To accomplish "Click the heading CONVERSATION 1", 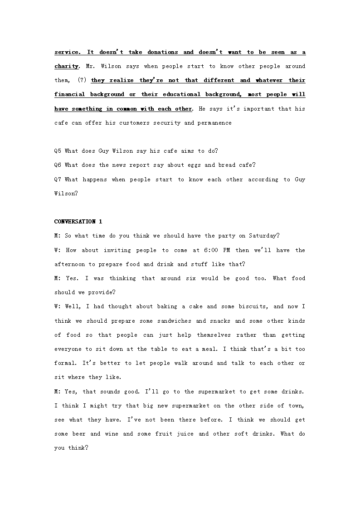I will [x=78, y=222].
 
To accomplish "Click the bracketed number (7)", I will [x=82, y=80].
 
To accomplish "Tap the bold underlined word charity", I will [x=66, y=66].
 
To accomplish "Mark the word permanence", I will [x=214, y=123].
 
